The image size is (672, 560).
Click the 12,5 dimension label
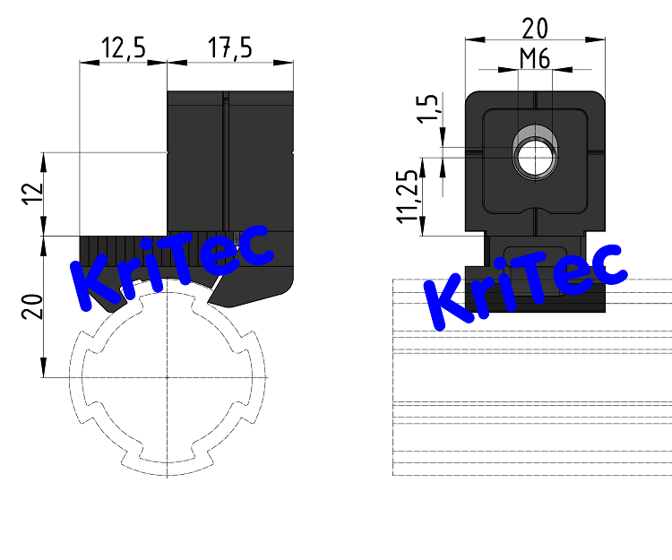coord(124,48)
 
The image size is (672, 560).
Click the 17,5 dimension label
coord(229,48)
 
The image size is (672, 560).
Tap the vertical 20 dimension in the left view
coord(31,307)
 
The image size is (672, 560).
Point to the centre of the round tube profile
coord(167,377)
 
